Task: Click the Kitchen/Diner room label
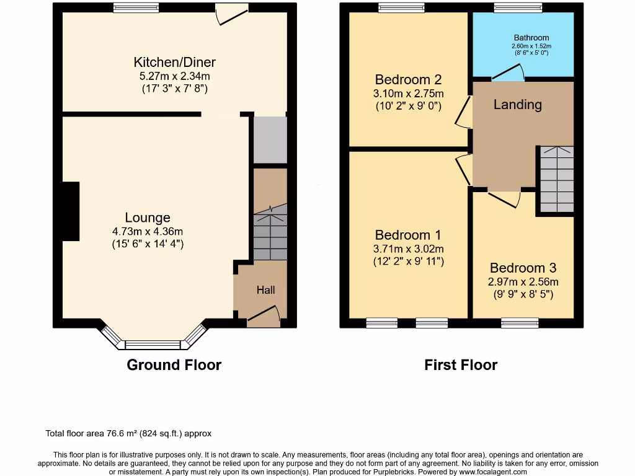(174, 62)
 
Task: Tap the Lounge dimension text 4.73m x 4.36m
(148, 231)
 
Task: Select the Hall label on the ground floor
(265, 290)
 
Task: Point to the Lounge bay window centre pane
(153, 345)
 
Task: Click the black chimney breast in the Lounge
(71, 211)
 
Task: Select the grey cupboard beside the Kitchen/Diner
(270, 140)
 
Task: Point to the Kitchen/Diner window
(136, 8)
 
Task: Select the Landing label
(517, 105)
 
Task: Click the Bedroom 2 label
(408, 80)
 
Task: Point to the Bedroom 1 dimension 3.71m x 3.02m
(408, 249)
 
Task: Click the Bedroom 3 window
(520, 322)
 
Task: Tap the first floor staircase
(556, 179)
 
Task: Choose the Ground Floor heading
(174, 365)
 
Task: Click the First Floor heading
(461, 365)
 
